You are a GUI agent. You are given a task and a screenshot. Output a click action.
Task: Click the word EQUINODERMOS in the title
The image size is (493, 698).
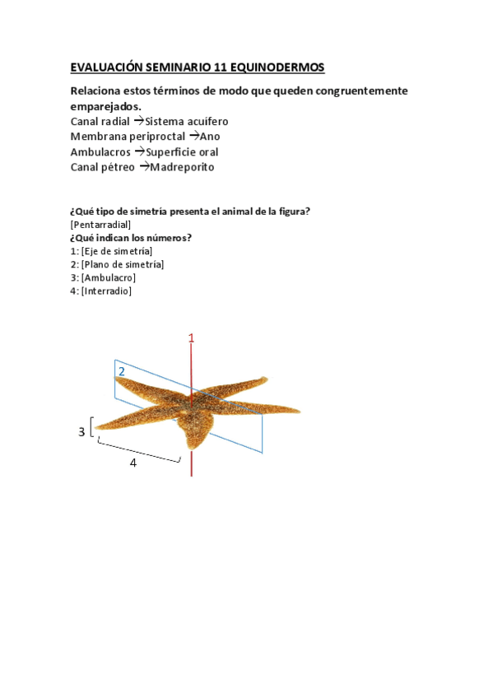277,67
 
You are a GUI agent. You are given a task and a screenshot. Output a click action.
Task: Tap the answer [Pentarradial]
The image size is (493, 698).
101,225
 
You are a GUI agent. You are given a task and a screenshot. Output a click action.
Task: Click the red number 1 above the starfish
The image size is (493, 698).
192,338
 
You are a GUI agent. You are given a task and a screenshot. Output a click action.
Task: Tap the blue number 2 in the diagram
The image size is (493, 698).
121,372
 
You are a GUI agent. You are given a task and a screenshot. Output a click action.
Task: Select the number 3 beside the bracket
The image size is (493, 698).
81,431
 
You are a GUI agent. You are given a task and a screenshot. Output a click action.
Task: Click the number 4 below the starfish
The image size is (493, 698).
133,463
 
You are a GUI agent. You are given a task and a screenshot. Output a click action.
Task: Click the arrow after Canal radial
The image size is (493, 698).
138,121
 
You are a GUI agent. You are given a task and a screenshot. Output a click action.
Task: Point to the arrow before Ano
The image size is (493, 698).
194,136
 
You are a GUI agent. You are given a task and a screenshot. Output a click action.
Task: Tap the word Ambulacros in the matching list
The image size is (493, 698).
100,151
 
